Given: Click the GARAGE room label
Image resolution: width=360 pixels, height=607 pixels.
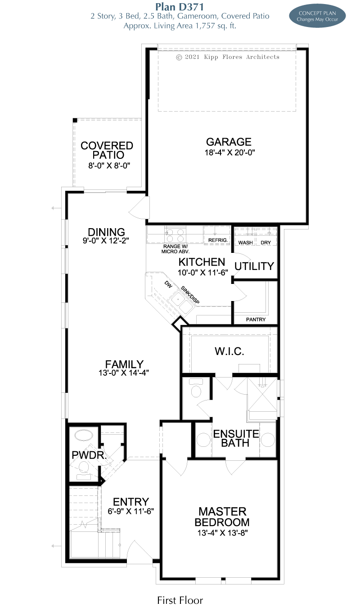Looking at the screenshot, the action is (x=229, y=142).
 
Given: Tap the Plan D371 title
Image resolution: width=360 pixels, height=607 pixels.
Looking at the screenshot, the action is (x=180, y=6).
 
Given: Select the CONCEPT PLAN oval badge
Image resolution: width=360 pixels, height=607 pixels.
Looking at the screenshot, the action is (x=317, y=16).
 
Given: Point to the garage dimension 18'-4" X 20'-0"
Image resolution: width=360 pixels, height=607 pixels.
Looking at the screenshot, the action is (x=229, y=153).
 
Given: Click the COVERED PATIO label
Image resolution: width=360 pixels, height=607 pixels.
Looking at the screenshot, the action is (x=107, y=150).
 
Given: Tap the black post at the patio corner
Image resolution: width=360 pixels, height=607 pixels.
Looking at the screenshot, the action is (x=75, y=120).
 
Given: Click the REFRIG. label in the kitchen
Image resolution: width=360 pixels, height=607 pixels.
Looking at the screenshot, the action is (x=218, y=240).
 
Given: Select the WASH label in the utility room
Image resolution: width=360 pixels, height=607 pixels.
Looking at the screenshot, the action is (x=245, y=243).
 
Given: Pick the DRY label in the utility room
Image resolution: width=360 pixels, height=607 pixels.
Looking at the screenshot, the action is (x=265, y=243).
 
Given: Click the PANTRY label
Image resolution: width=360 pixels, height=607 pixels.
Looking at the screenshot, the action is (x=256, y=319).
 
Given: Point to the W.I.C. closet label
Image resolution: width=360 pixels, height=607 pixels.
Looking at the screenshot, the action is (x=229, y=351).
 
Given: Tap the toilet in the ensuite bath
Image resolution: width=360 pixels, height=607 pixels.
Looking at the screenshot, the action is (x=196, y=387).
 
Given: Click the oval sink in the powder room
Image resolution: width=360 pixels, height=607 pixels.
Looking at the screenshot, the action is (x=84, y=436).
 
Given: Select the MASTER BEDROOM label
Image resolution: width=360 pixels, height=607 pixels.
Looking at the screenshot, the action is (x=222, y=517).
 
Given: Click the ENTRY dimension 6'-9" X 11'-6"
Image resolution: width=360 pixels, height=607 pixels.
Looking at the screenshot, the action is (x=130, y=511).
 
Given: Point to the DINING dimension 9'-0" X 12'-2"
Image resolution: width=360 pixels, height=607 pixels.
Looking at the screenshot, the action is (x=106, y=240).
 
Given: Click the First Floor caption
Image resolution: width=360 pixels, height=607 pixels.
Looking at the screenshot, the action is (x=180, y=600).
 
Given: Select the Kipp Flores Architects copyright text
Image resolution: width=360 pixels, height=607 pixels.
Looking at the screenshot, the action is (x=228, y=57).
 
